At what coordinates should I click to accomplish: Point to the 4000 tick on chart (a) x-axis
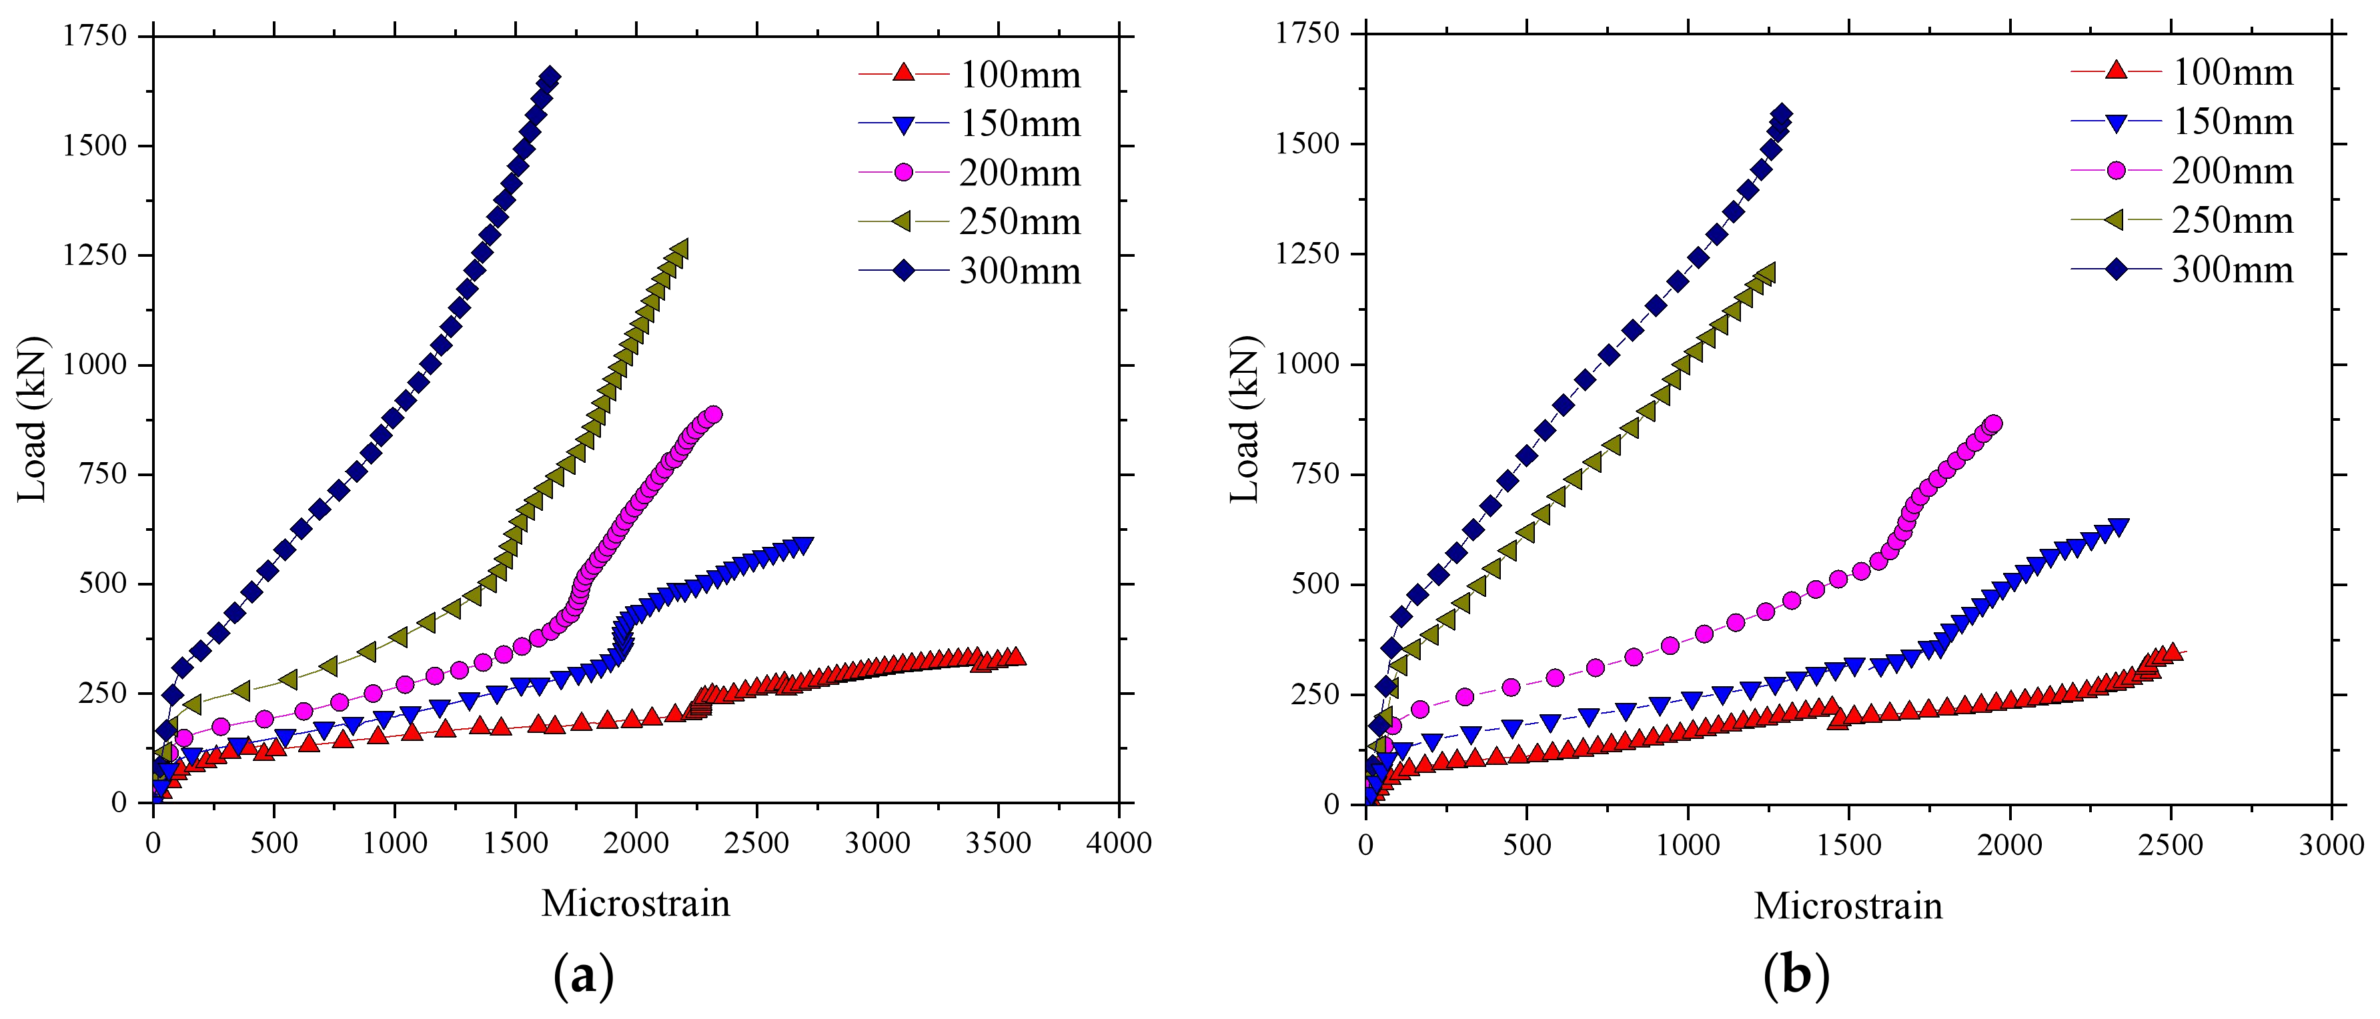1118,842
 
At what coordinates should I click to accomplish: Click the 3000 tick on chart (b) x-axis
2331,844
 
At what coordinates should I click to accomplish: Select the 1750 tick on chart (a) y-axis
95,36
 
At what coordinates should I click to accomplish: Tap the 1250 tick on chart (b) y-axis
1307,254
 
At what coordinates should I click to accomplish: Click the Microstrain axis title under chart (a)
636,902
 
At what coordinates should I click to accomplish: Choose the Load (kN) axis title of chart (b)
1245,420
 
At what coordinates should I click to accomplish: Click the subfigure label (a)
583,976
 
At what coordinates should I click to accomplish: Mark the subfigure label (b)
1795,976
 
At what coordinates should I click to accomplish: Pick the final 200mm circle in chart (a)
712,414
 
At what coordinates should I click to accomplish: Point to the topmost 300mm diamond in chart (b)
1781,115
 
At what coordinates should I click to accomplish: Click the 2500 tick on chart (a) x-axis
756,842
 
